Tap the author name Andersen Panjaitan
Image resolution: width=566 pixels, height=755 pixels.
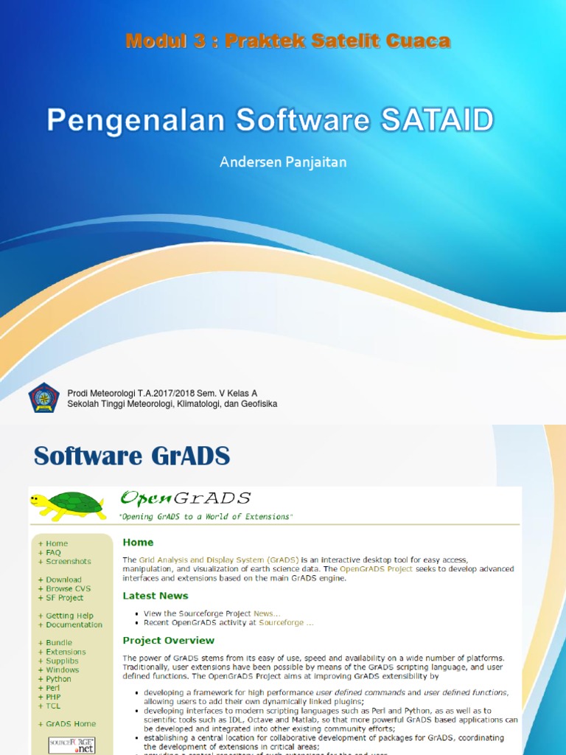click(283, 161)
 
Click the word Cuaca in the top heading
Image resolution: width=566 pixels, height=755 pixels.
click(418, 41)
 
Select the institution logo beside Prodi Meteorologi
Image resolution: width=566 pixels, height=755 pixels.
click(43, 398)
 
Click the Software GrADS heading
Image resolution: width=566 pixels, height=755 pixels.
click(132, 456)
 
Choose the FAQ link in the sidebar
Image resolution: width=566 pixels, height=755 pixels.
click(53, 552)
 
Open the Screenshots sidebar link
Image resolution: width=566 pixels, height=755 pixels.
click(69, 561)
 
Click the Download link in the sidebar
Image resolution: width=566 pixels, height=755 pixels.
click(63, 580)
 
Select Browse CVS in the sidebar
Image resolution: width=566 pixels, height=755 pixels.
click(69, 589)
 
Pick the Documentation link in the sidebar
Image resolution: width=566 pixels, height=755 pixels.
click(74, 624)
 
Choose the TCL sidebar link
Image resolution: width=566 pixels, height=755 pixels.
click(53, 706)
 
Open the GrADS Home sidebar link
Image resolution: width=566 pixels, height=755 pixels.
click(71, 724)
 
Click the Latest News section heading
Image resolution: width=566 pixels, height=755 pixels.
click(156, 596)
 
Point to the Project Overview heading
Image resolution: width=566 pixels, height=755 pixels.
click(169, 641)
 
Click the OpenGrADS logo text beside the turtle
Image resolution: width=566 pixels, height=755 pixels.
click(186, 498)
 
